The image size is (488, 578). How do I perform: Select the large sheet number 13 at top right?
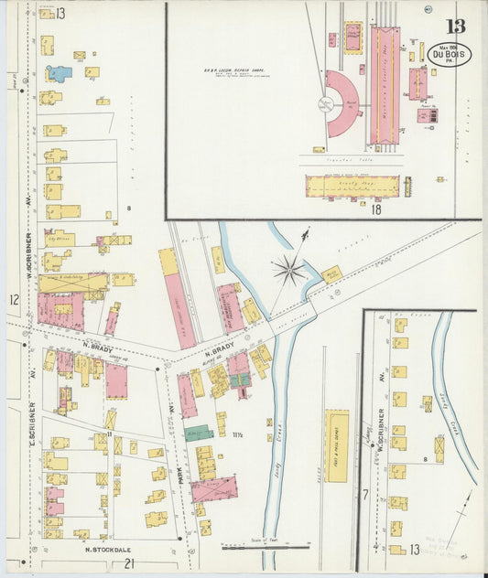click(455, 27)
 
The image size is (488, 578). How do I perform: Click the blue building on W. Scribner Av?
click(59, 72)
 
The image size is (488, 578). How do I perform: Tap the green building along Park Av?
click(199, 433)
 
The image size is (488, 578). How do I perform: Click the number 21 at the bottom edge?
click(130, 563)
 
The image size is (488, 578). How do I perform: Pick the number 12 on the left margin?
click(14, 299)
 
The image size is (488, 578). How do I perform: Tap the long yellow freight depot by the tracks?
click(337, 444)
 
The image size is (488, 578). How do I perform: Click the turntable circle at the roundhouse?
click(324, 103)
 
